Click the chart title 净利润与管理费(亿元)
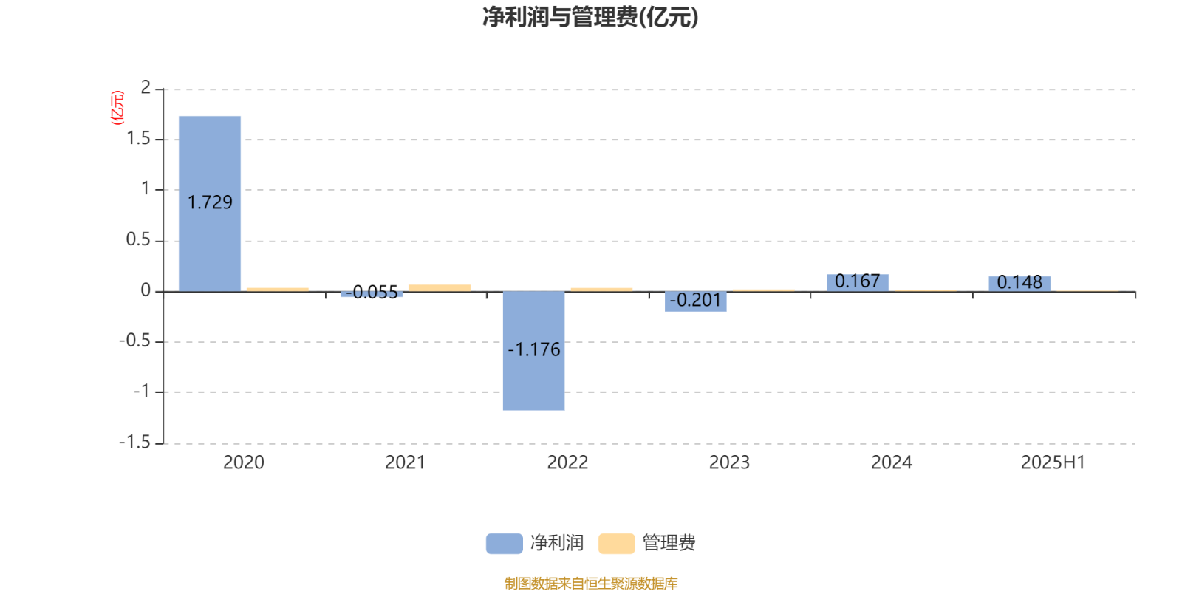[x=590, y=17]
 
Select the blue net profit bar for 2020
[x=210, y=204]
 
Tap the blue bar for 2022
[x=533, y=350]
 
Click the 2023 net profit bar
[x=695, y=301]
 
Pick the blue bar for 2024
[x=858, y=283]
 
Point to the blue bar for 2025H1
[x=1019, y=284]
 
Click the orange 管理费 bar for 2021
[x=440, y=288]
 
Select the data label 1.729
[x=210, y=202]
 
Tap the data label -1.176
[x=534, y=350]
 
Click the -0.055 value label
[x=372, y=293]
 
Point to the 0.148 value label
[x=1019, y=282]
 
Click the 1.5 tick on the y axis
[x=138, y=139]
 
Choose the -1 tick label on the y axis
[x=142, y=392]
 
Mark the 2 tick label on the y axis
[x=146, y=88]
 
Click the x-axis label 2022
[x=567, y=462]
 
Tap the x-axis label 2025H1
[x=1053, y=462]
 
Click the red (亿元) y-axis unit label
[x=117, y=108]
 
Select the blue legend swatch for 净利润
[x=505, y=544]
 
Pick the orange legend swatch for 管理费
[x=616, y=544]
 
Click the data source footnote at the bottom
[x=591, y=583]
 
